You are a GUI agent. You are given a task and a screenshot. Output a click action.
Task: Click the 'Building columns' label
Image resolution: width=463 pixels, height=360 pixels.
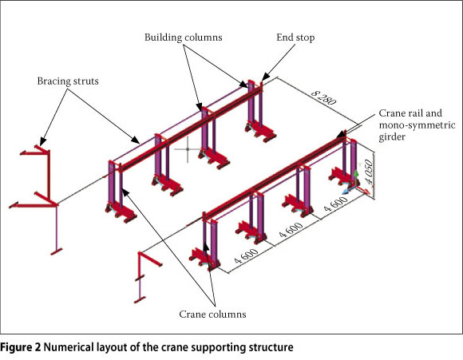click(x=183, y=38)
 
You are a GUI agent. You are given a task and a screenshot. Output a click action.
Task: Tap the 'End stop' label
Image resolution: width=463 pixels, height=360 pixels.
click(x=295, y=38)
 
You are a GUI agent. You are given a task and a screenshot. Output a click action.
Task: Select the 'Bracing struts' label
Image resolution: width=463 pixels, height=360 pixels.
click(x=68, y=81)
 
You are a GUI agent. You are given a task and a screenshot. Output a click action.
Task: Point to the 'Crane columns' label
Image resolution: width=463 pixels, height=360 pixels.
click(x=212, y=314)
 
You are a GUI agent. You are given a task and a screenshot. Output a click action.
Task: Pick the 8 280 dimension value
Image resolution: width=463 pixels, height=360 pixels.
click(x=324, y=97)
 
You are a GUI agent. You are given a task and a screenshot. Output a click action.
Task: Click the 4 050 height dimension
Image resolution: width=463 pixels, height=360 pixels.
click(x=369, y=172)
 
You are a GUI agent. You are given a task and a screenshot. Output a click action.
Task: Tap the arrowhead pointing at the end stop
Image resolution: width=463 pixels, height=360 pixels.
click(x=264, y=77)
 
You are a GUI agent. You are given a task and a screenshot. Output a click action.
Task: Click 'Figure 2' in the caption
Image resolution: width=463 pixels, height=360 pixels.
click(x=21, y=347)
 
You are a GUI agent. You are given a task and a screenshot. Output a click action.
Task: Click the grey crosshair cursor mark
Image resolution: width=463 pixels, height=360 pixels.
click(x=188, y=149)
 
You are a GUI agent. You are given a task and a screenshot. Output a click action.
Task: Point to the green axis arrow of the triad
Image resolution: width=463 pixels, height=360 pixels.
click(x=356, y=174)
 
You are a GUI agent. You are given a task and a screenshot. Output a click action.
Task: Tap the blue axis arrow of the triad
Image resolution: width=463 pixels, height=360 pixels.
click(x=346, y=191)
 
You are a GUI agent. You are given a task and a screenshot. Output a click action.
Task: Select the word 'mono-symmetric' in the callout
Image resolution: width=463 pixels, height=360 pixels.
click(x=417, y=125)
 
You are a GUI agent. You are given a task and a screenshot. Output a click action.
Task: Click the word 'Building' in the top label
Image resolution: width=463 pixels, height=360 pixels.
click(x=163, y=38)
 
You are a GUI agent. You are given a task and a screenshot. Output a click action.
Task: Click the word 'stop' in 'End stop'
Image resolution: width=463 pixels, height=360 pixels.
click(x=305, y=38)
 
